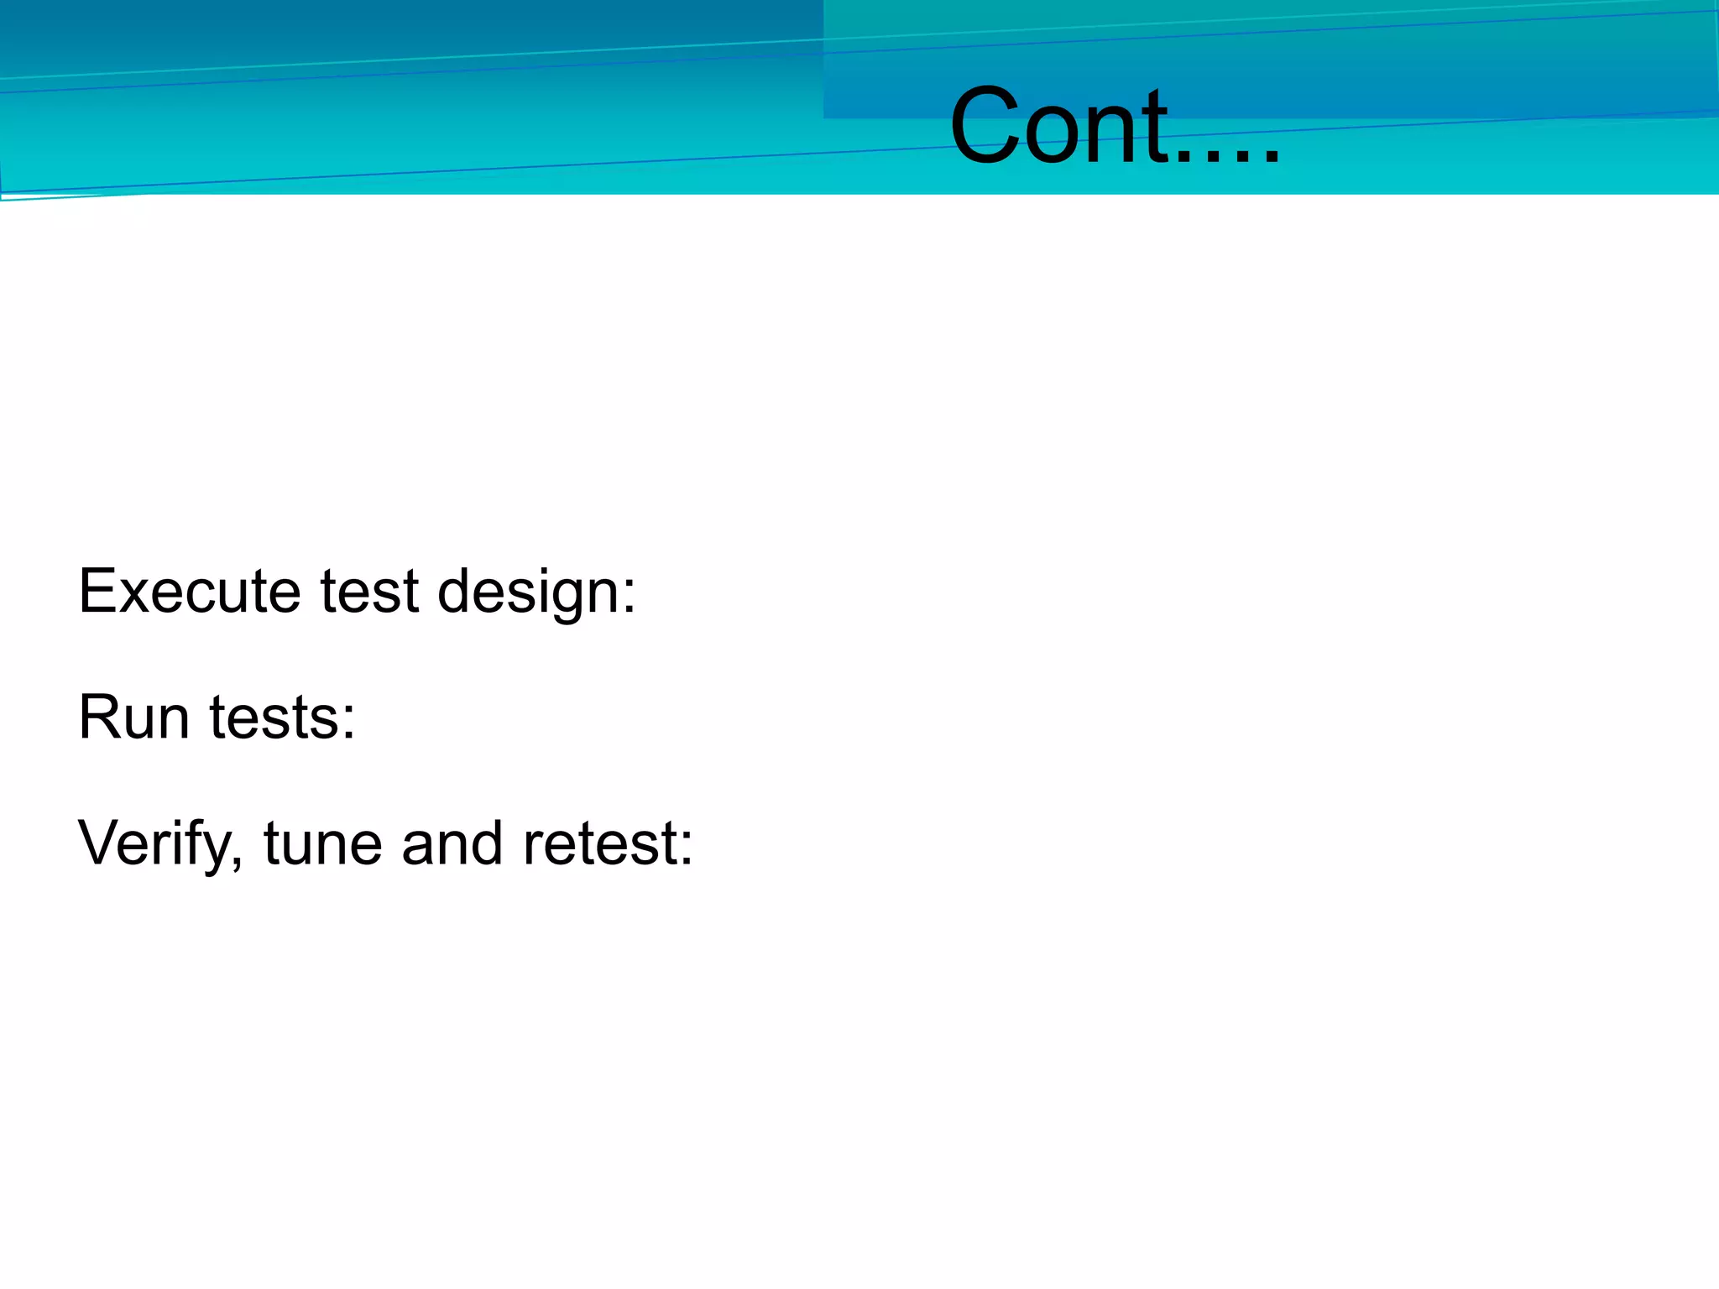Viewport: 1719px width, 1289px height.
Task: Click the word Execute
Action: [190, 592]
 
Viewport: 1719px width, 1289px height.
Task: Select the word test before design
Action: [369, 592]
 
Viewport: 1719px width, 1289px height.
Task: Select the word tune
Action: [323, 844]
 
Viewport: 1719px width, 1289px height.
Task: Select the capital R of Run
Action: [99, 718]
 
